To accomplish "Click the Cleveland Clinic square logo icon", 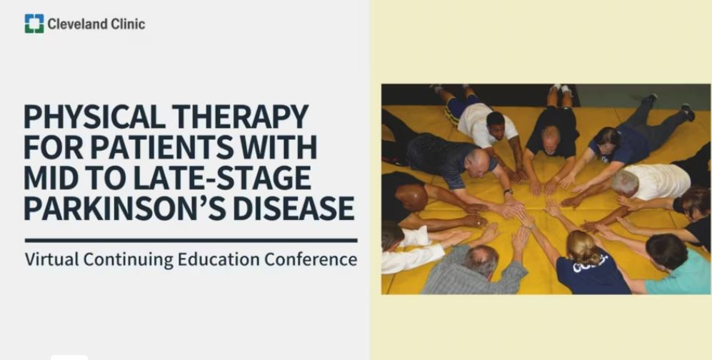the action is [34, 24].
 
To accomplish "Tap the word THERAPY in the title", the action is [241, 117].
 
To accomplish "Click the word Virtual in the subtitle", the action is [51, 259].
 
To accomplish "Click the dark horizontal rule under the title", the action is [191, 241].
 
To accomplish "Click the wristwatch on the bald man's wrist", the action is [508, 191].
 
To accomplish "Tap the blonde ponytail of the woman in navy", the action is [581, 246].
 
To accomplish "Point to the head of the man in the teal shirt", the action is [666, 251].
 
